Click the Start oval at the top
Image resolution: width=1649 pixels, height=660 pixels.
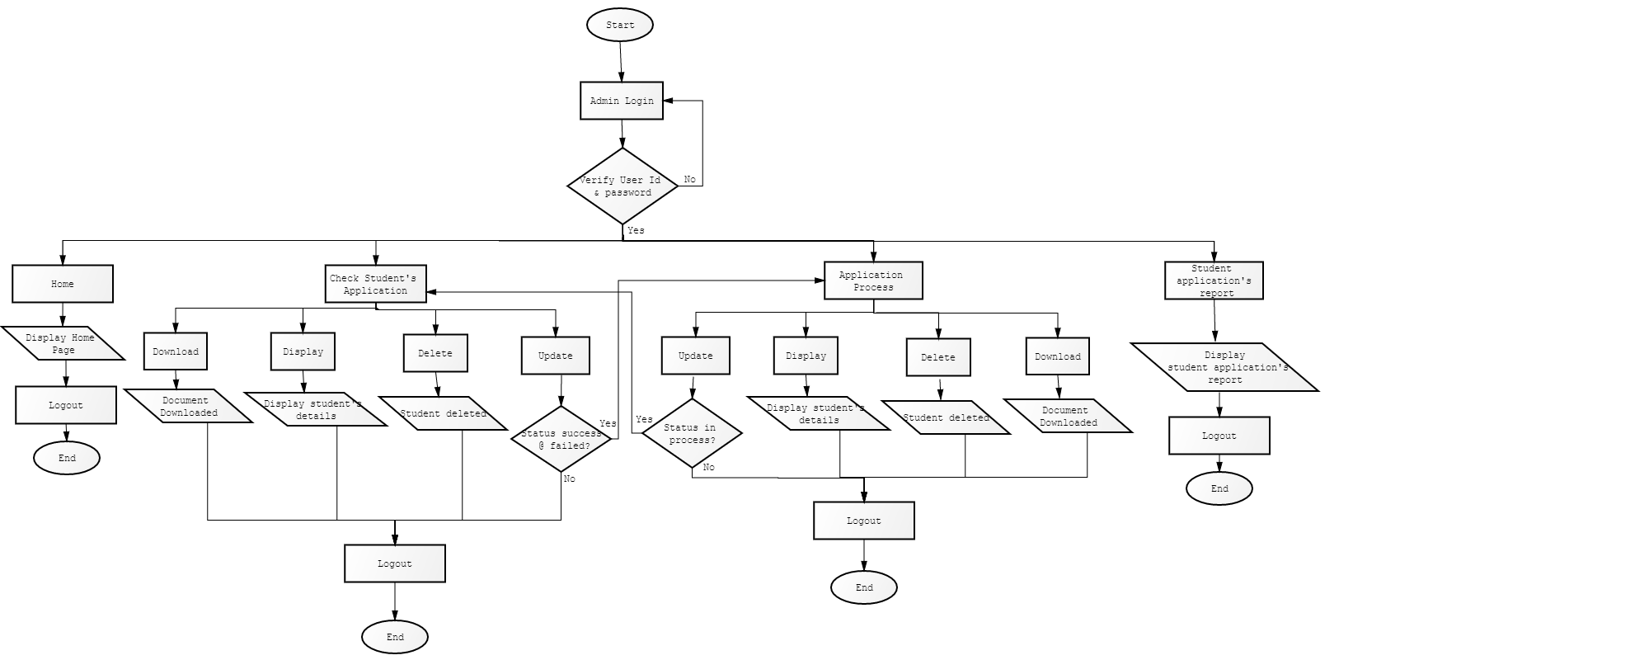[620, 25]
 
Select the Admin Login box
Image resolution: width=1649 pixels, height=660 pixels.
[622, 101]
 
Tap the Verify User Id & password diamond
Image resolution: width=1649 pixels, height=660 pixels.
[622, 186]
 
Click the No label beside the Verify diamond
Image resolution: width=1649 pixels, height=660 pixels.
[689, 179]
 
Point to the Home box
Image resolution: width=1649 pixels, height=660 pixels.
[63, 284]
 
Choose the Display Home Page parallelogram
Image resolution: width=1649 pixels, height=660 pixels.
[63, 343]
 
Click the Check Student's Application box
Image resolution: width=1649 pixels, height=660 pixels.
[376, 284]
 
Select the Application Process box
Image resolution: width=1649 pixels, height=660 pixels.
[873, 280]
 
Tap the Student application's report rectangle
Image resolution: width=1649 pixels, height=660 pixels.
[1214, 280]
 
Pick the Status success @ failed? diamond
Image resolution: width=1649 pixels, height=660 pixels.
[561, 439]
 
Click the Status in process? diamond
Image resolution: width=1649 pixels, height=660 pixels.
[692, 433]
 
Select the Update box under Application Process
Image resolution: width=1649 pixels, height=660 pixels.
[695, 356]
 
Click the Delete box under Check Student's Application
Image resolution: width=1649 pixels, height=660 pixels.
[435, 353]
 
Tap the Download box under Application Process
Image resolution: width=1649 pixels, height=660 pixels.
[1058, 356]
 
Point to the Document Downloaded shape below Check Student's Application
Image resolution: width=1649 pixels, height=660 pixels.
[188, 406]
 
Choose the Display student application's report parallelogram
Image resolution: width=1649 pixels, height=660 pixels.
[1224, 367]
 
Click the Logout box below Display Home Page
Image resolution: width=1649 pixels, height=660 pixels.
[66, 405]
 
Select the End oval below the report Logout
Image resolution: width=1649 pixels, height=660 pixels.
[1219, 488]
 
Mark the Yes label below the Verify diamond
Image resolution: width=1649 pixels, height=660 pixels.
[636, 230]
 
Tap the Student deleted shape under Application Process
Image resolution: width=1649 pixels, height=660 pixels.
[947, 417]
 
